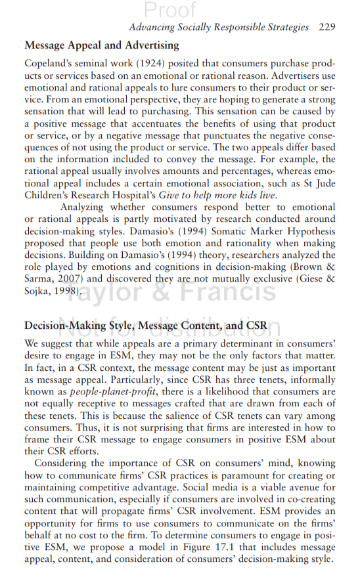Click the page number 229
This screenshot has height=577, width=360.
tap(326, 28)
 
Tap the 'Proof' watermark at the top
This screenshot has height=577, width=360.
tap(170, 10)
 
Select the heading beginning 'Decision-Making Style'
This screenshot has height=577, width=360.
tap(146, 326)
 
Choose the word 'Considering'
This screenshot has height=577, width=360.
tap(64, 462)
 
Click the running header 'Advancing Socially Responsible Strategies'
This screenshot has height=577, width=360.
tap(218, 28)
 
